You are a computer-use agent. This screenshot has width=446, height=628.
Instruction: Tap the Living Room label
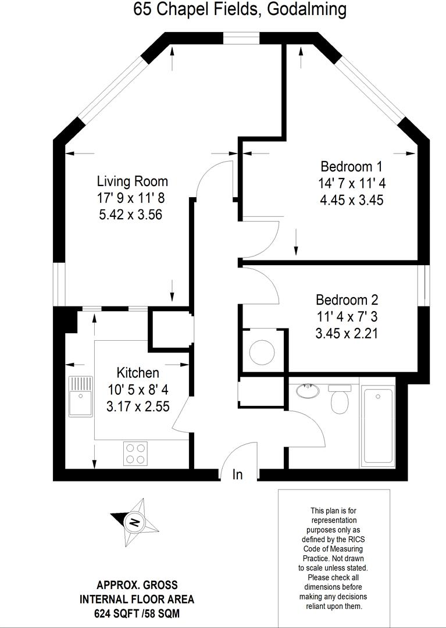click(132, 181)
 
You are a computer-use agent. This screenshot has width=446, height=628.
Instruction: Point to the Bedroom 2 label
click(347, 300)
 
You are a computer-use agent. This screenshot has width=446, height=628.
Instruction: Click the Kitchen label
click(137, 373)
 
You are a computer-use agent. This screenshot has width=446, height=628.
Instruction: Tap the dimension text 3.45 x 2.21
click(347, 334)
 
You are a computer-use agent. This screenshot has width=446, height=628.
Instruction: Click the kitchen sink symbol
click(80, 395)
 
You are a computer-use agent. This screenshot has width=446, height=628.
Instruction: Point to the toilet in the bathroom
click(338, 399)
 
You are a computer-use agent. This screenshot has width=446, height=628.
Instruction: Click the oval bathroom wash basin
click(307, 390)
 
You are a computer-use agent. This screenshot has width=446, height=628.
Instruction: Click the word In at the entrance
click(237, 474)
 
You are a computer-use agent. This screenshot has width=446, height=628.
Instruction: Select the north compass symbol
click(134, 522)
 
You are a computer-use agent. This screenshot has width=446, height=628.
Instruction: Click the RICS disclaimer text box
click(334, 557)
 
